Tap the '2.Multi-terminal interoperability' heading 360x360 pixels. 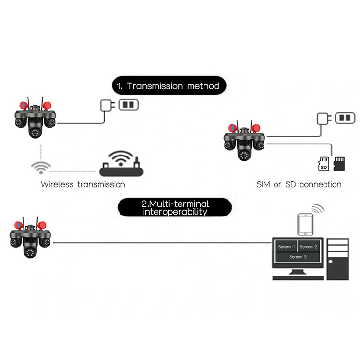[x=175, y=207]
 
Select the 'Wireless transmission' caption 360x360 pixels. [x=83, y=184]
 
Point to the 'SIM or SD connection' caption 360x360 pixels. [x=300, y=184]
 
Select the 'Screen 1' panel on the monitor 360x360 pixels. [x=285, y=247]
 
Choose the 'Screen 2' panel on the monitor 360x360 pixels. [x=309, y=247]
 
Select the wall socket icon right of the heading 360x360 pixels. [x=127, y=104]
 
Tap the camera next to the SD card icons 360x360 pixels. [x=245, y=142]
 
